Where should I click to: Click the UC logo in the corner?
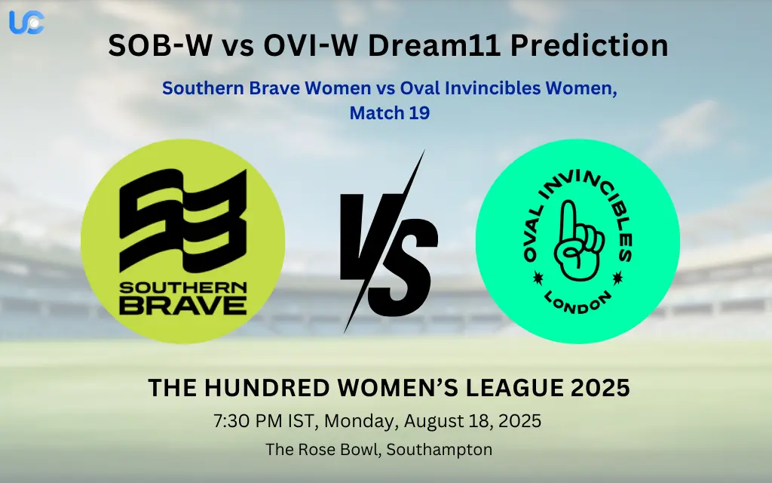[26, 22]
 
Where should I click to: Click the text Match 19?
[389, 114]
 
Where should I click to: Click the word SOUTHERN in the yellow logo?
[183, 288]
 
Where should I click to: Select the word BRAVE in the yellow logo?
[183, 304]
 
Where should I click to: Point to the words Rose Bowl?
[329, 450]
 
